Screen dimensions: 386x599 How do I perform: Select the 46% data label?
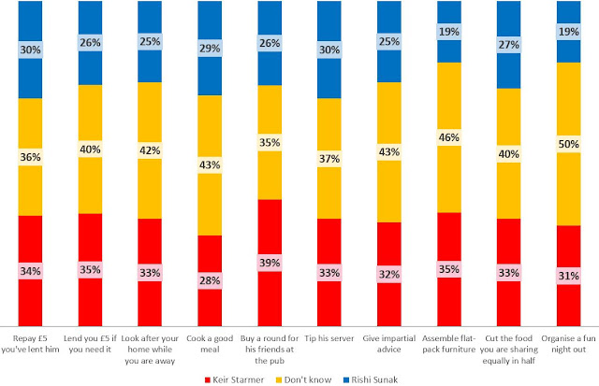(x=449, y=136)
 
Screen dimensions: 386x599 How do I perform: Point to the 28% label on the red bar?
(x=210, y=280)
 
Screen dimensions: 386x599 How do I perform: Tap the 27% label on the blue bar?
(x=509, y=44)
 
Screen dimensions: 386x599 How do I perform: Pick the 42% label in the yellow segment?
(x=150, y=149)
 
